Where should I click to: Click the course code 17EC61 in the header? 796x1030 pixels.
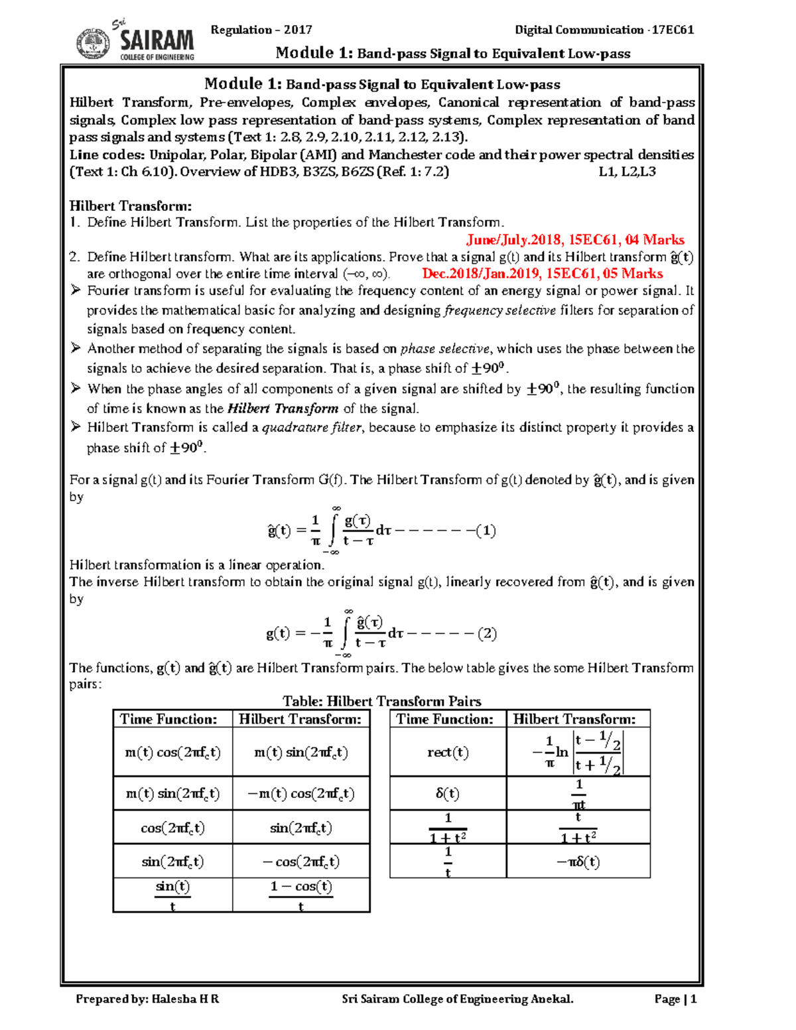point(673,29)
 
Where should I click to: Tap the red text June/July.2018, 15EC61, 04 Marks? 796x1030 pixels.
point(575,239)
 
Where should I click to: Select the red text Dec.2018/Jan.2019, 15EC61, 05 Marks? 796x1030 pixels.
point(542,273)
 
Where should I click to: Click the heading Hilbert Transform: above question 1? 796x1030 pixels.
point(131,206)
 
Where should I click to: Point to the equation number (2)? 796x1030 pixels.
point(487,633)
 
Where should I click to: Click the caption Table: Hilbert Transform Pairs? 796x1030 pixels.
point(381,701)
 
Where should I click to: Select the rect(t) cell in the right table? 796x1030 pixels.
point(448,752)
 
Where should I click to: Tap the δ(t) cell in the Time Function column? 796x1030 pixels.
point(448,793)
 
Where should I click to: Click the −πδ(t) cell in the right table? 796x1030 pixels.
point(578,862)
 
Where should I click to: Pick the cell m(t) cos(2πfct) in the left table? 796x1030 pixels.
point(172,752)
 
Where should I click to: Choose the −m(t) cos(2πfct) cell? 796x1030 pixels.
point(300,793)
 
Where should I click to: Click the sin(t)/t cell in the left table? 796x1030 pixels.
point(172,895)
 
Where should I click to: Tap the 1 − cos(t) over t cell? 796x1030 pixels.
point(300,895)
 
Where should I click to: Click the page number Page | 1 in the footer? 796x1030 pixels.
point(675,999)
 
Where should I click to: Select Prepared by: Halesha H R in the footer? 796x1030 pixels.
point(147,999)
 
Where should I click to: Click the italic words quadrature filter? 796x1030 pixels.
point(312,428)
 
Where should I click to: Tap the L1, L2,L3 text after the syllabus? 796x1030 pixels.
point(627,171)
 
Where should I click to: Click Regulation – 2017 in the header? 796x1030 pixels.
point(261,29)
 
